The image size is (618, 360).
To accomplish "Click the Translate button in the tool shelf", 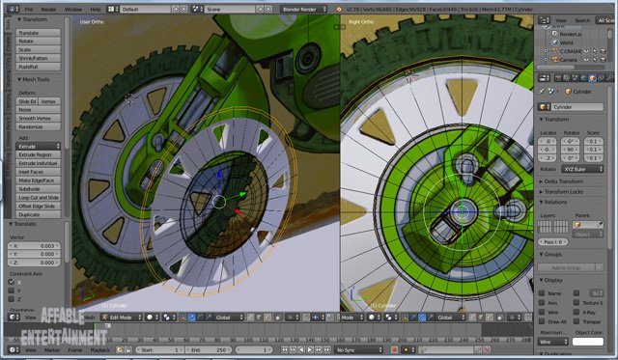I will click(38, 33).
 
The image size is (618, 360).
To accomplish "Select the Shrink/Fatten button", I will click(38, 58).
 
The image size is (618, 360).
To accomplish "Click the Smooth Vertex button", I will click(38, 118).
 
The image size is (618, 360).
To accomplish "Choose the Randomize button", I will click(38, 126).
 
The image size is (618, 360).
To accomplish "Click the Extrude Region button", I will click(38, 154).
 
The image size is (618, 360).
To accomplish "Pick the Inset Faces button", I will click(38, 172).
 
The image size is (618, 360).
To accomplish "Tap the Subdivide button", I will click(38, 188).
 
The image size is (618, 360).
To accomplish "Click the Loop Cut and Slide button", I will click(38, 197).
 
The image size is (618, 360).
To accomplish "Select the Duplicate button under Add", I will click(38, 214).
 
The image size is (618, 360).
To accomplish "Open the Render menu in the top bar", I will click(48, 9).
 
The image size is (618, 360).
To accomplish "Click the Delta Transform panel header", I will click(569, 181).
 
